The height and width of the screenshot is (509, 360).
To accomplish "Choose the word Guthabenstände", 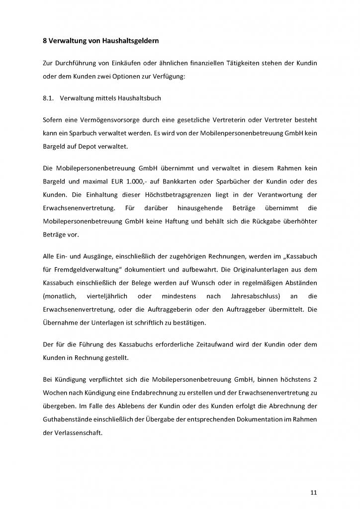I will (x=67, y=420).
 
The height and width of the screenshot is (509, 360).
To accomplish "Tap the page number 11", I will (x=313, y=493).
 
